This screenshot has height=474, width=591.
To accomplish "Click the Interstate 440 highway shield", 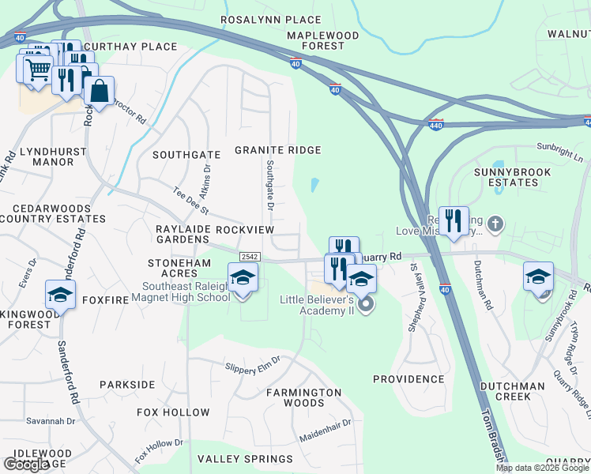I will coord(437,124).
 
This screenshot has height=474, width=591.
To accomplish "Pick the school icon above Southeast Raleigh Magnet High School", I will coord(243,279).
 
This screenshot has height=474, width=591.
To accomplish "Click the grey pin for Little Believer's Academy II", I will coord(364,303).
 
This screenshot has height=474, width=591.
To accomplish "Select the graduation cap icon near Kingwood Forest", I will coord(60,295).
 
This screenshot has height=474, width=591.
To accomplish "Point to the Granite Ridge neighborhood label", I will coord(278,150).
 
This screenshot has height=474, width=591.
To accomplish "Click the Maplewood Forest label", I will coord(316,41).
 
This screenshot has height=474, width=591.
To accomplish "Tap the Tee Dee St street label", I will coord(190,201).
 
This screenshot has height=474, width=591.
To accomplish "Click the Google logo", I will coord(26,465).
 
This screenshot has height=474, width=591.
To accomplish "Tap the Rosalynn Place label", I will coord(271,20).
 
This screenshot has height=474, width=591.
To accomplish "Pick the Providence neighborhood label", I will coord(408,379).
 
